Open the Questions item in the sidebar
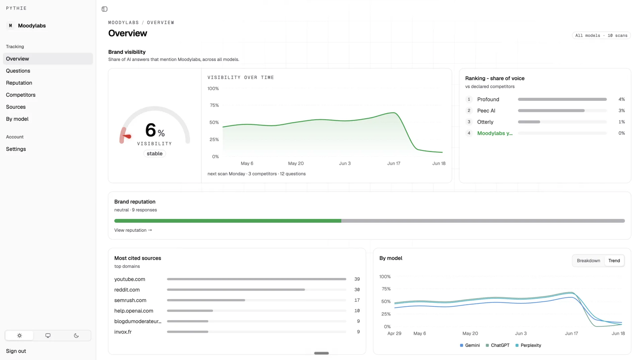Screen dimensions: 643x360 [18, 71]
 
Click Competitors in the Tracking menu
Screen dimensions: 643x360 [21, 95]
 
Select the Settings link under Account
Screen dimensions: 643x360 [16, 149]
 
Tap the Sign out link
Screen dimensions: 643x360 [16, 351]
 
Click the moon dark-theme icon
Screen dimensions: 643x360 [76, 336]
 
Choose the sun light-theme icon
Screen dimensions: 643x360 [19, 336]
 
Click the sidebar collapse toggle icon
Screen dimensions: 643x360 [104, 9]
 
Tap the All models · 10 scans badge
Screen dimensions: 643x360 [601, 35]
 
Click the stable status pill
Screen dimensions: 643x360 [155, 153]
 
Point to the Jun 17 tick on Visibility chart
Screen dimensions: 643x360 [394, 163]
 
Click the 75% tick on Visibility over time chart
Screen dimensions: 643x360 [214, 105]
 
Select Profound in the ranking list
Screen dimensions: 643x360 [488, 99]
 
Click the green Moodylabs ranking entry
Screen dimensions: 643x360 [495, 133]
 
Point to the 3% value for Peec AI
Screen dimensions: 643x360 [622, 111]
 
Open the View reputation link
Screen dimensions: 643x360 [133, 230]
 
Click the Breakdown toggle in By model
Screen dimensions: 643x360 [588, 261]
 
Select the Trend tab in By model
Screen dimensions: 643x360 [614, 261]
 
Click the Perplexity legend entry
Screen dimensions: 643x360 [528, 345]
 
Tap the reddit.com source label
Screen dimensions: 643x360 [127, 290]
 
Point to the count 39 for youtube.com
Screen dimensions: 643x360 [357, 279]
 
